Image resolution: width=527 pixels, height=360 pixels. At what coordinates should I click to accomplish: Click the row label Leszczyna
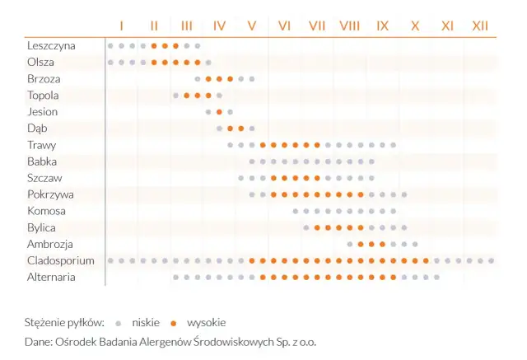pyautogui.click(x=51, y=45)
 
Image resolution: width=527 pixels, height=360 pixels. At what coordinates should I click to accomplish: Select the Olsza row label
pyautogui.click(x=41, y=62)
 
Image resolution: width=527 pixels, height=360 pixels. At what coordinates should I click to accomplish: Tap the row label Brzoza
pyautogui.click(x=44, y=79)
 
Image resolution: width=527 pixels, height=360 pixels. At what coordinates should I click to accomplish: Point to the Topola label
pyautogui.click(x=43, y=96)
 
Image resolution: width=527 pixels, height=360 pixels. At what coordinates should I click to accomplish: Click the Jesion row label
pyautogui.click(x=42, y=112)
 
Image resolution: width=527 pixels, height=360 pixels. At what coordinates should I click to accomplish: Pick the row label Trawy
pyautogui.click(x=41, y=145)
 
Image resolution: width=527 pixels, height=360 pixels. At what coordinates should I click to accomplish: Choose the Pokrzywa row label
pyautogui.click(x=50, y=194)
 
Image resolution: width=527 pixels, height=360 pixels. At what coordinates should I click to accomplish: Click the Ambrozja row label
pyautogui.click(x=49, y=245)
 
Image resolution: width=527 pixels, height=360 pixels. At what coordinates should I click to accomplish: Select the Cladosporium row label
pyautogui.click(x=59, y=261)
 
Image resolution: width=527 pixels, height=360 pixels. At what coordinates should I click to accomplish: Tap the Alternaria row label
pyautogui.click(x=51, y=278)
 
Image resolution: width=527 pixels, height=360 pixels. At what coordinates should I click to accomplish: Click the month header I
pyautogui.click(x=121, y=26)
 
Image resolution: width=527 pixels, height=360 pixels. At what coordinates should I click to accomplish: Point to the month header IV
pyautogui.click(x=219, y=26)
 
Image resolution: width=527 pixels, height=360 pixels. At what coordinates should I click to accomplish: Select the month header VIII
pyautogui.click(x=349, y=26)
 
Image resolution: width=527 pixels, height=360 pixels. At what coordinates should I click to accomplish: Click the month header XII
pyautogui.click(x=480, y=26)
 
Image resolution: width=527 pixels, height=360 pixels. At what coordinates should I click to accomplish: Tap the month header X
pyautogui.click(x=415, y=26)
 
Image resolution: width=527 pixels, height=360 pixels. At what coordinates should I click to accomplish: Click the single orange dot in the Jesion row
pyautogui.click(x=219, y=112)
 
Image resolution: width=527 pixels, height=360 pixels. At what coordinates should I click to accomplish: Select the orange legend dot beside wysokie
pyautogui.click(x=174, y=322)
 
